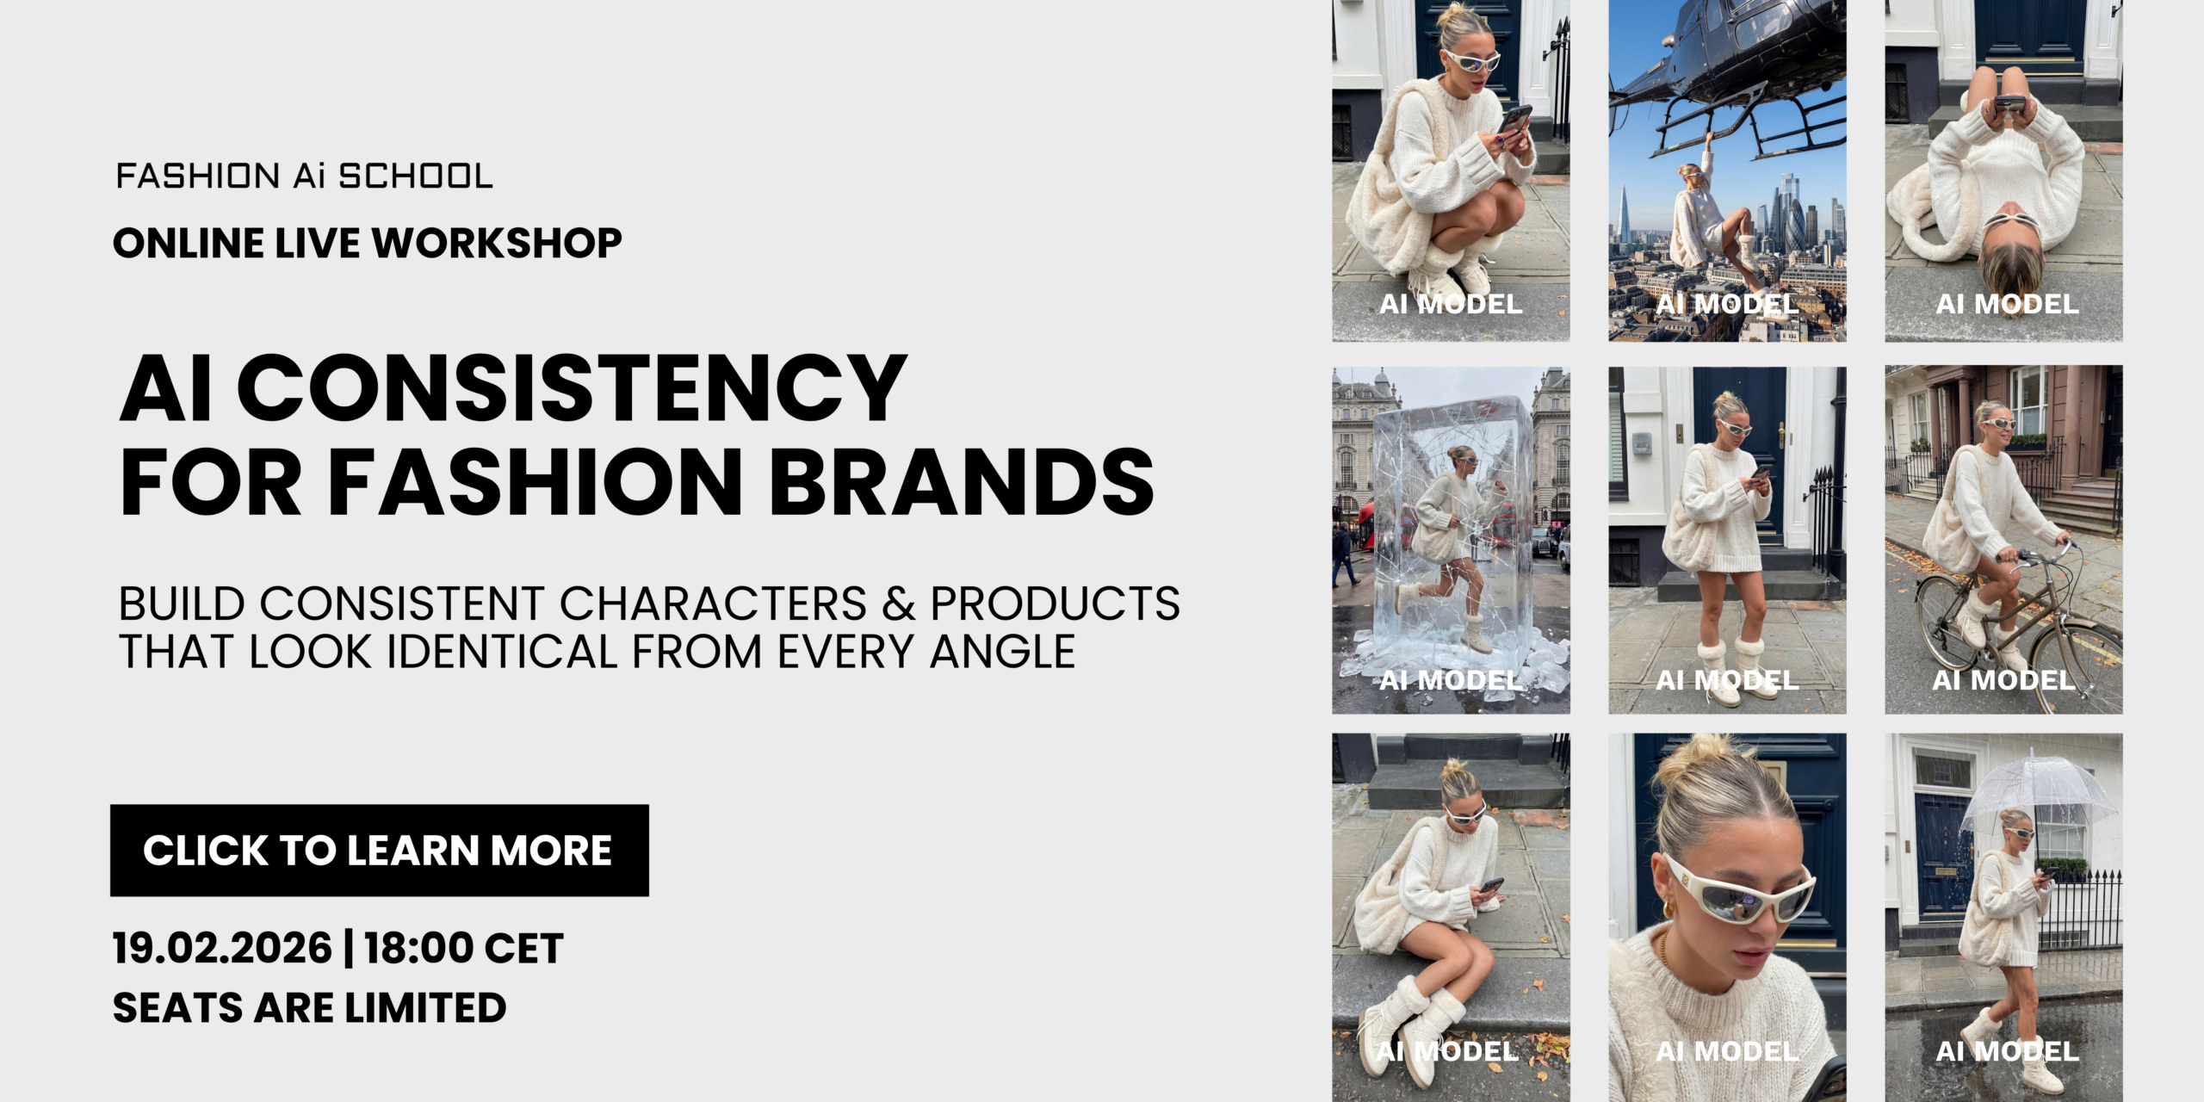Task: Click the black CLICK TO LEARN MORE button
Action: pyautogui.click(x=379, y=851)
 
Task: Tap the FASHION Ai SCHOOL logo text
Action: pyautogui.click(x=304, y=176)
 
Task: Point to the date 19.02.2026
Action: pyautogui.click(x=222, y=949)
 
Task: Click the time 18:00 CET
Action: pyautogui.click(x=463, y=949)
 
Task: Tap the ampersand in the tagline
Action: pyautogui.click(x=898, y=604)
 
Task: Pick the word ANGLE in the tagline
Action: pyautogui.click(x=1002, y=652)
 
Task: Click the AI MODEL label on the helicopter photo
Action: pyautogui.click(x=1727, y=304)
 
